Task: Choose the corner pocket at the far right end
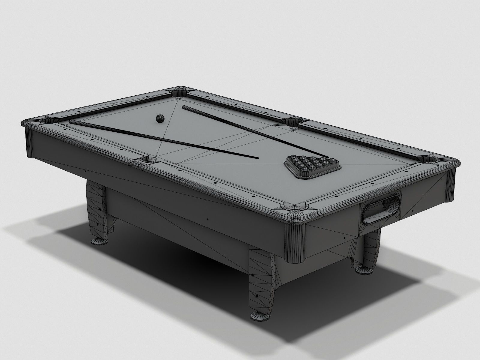432,159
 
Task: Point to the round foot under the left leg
99,241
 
